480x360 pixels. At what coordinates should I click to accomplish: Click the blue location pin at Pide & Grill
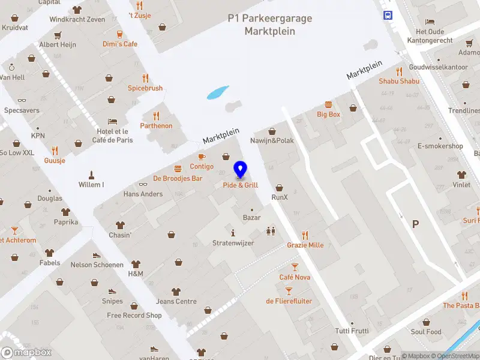(241, 169)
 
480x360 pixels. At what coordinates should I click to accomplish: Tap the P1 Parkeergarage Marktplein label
(270, 25)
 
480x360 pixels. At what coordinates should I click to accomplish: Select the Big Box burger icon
(328, 104)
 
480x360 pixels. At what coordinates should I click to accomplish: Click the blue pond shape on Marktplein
(217, 92)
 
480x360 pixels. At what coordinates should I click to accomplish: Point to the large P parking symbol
(415, 224)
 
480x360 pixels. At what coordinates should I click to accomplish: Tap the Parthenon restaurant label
(156, 125)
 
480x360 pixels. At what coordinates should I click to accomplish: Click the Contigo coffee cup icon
(202, 157)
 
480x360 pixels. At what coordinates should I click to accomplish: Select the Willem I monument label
(91, 184)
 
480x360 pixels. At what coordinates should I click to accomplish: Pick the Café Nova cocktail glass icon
(295, 266)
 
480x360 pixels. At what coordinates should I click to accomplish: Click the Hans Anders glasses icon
(143, 184)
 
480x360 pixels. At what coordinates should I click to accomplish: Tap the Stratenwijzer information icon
(233, 232)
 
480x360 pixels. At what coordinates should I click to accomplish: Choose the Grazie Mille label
(305, 245)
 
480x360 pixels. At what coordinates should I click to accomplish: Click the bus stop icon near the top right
(388, 15)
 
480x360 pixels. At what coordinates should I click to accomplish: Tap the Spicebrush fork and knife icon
(145, 77)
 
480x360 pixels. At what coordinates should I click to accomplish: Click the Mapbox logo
(26, 352)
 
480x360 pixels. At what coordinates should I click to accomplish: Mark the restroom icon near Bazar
(270, 230)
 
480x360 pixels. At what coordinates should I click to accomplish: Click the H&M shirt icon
(136, 264)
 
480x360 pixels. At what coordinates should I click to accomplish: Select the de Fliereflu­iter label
(289, 301)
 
